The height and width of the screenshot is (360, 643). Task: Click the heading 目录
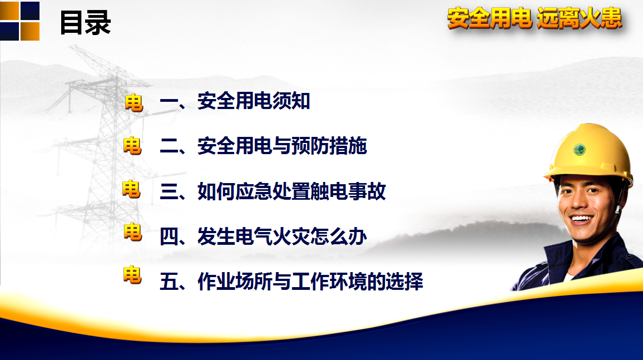click(x=85, y=23)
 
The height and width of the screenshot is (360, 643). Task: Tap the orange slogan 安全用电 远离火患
click(x=535, y=18)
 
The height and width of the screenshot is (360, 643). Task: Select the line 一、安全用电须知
click(x=235, y=101)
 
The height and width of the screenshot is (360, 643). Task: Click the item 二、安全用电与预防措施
click(x=263, y=146)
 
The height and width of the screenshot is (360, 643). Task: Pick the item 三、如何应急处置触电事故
click(x=273, y=191)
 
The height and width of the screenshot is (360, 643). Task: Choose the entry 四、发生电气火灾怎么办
click(x=263, y=236)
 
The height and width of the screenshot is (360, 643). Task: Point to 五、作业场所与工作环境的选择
click(x=291, y=282)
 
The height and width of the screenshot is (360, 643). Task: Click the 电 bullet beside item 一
click(x=134, y=102)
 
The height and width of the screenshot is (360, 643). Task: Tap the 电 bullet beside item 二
click(x=132, y=146)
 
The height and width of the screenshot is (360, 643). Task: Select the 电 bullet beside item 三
click(x=132, y=189)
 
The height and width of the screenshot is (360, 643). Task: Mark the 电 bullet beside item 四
click(x=133, y=232)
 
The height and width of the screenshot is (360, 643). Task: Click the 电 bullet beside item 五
click(x=132, y=275)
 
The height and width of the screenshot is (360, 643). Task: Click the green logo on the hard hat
click(x=580, y=149)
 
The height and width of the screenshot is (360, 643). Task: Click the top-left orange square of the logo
click(x=9, y=10)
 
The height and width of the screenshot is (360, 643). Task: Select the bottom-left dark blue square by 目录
click(x=9, y=31)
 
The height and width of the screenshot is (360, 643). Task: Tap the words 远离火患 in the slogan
click(x=579, y=18)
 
